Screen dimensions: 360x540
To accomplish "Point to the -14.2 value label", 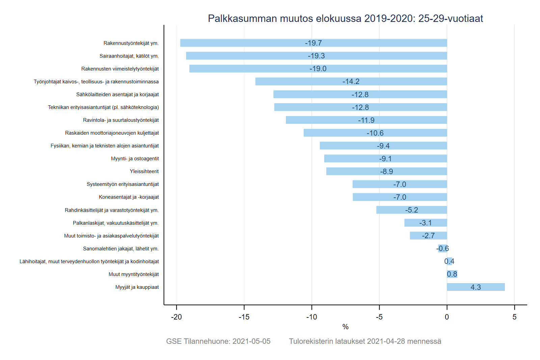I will (x=351, y=82).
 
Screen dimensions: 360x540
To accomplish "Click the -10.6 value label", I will (x=375, y=133).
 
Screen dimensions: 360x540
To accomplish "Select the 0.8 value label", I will (x=452, y=274).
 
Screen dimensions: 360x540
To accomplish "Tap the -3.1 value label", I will (x=425, y=223).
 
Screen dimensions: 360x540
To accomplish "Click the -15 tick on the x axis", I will (x=244, y=317).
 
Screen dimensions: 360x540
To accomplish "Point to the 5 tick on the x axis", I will (x=514, y=317).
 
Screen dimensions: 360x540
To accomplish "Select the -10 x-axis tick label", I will (x=312, y=317).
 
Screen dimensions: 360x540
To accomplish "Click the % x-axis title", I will (x=345, y=327).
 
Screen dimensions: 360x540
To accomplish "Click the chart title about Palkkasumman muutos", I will (x=345, y=18).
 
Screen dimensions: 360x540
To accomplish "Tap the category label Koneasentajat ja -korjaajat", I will (x=129, y=197).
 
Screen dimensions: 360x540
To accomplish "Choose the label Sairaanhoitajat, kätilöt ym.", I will (x=129, y=56).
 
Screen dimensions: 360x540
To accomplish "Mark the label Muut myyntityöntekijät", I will (x=134, y=274).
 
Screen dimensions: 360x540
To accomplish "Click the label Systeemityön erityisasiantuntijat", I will (x=123, y=184).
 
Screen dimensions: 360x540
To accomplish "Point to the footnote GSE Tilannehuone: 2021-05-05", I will (x=218, y=341).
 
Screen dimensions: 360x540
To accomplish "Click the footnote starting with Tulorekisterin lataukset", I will (x=365, y=341).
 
